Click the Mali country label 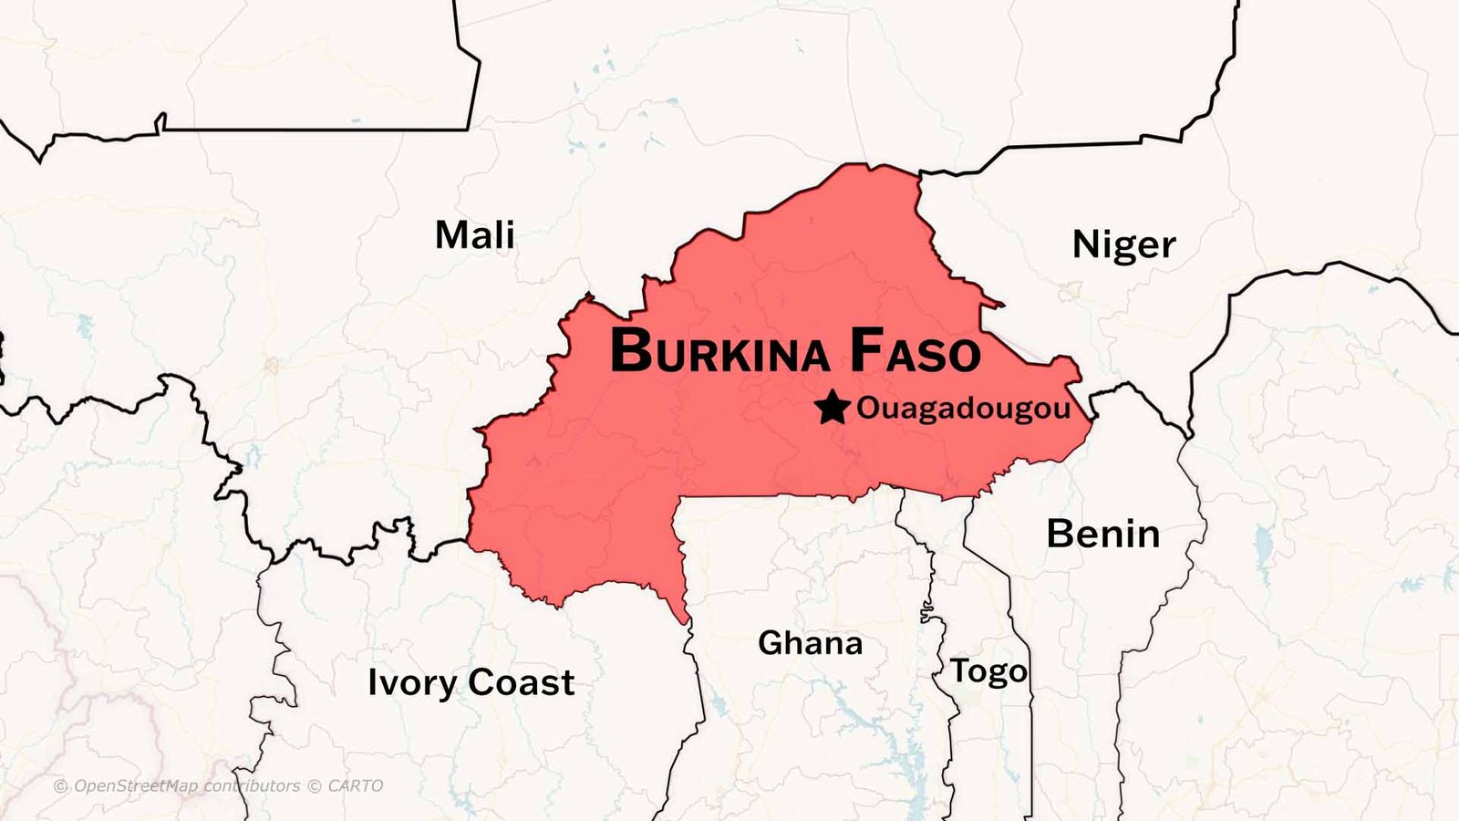click(x=474, y=235)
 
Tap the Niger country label click(x=1123, y=244)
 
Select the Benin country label click(x=1102, y=534)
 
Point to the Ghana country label click(x=810, y=644)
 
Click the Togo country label click(x=988, y=671)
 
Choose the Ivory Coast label click(x=471, y=682)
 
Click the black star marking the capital click(x=832, y=408)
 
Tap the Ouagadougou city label click(x=963, y=409)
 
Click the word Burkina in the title click(x=719, y=351)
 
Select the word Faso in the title click(x=915, y=351)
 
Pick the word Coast click(x=522, y=682)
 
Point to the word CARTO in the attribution click(x=355, y=785)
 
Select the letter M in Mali click(x=451, y=235)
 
